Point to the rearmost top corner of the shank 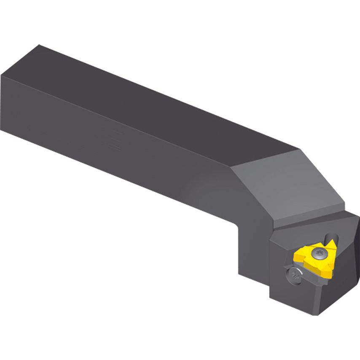click(39, 45)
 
